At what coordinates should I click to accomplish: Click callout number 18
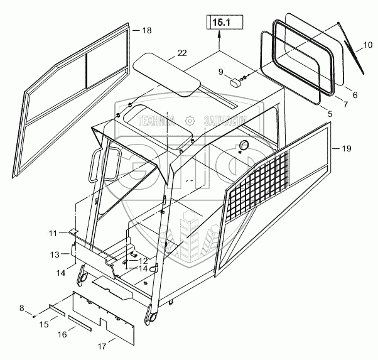tap(147, 30)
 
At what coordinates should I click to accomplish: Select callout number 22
tap(181, 53)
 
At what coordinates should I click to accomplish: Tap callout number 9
tap(220, 72)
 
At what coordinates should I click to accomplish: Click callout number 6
tap(355, 95)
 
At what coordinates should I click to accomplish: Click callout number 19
tap(347, 148)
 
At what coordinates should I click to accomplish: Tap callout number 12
tap(144, 261)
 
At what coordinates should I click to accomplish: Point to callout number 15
tap(45, 324)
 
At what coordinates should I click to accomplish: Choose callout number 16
tap(63, 335)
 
